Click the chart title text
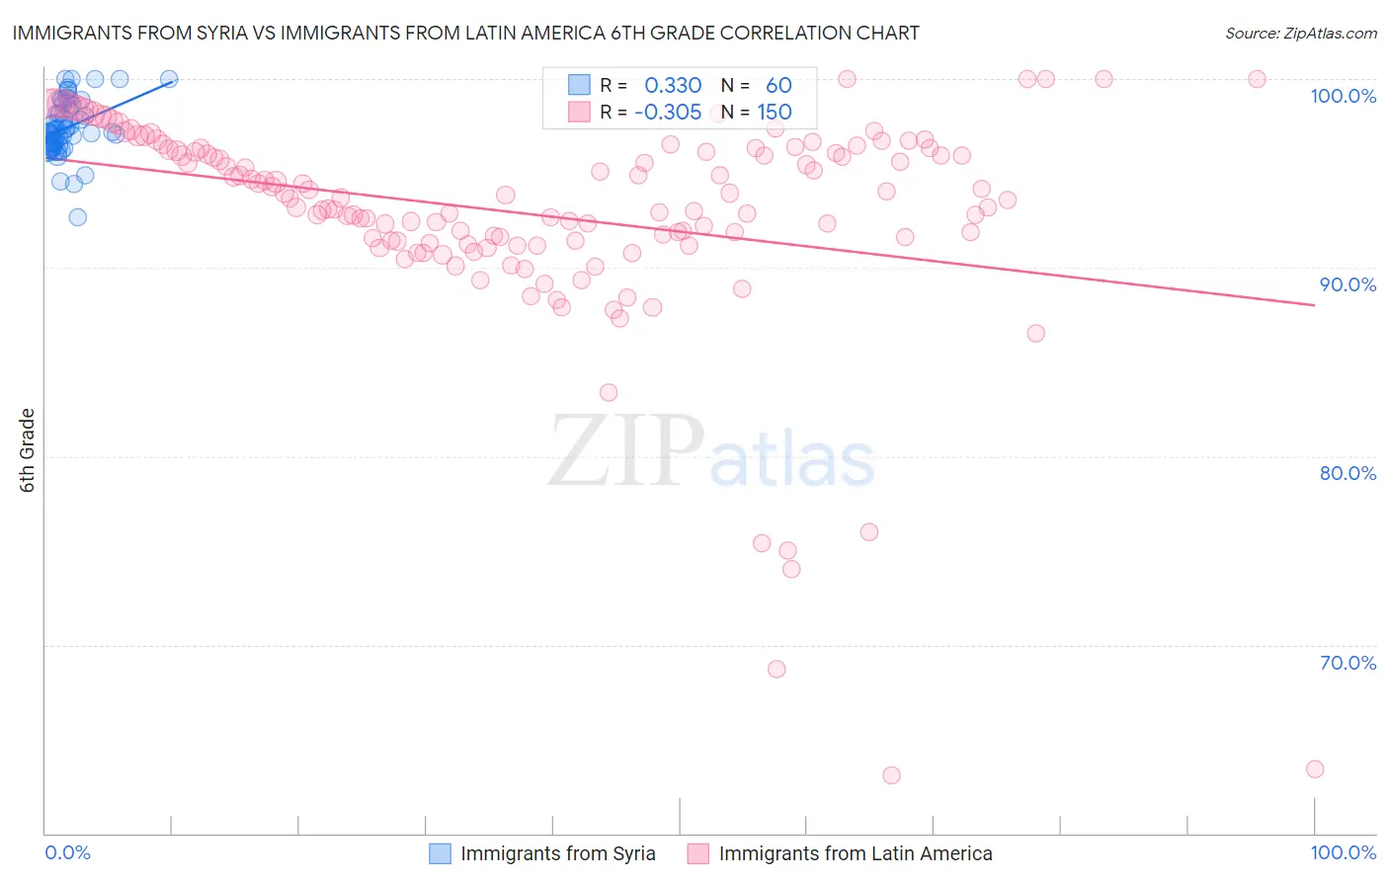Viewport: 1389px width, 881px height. click(465, 34)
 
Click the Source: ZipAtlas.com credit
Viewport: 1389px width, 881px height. click(1300, 34)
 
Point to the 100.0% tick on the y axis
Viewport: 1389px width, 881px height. click(1343, 96)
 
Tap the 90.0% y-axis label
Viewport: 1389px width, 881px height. click(1348, 284)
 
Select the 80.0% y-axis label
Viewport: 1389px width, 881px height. click(1348, 473)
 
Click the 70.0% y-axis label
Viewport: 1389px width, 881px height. click(1348, 663)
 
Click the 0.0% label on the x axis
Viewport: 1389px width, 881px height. click(67, 852)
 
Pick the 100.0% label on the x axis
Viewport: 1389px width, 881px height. click(1343, 852)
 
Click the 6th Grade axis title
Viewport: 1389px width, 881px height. click(28, 450)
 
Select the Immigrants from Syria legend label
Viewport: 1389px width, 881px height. click(557, 853)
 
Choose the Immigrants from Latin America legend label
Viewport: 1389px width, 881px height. click(855, 853)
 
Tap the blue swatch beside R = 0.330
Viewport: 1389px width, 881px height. click(579, 85)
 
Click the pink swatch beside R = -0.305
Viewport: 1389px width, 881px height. click(579, 112)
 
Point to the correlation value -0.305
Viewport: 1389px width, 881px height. click(668, 112)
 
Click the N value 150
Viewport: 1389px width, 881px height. click(775, 112)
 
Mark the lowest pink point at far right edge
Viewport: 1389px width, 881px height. click(1314, 769)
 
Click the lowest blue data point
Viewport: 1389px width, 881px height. click(77, 217)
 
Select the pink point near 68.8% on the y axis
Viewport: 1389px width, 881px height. click(776, 670)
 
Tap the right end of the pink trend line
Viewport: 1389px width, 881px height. click(1314, 305)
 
